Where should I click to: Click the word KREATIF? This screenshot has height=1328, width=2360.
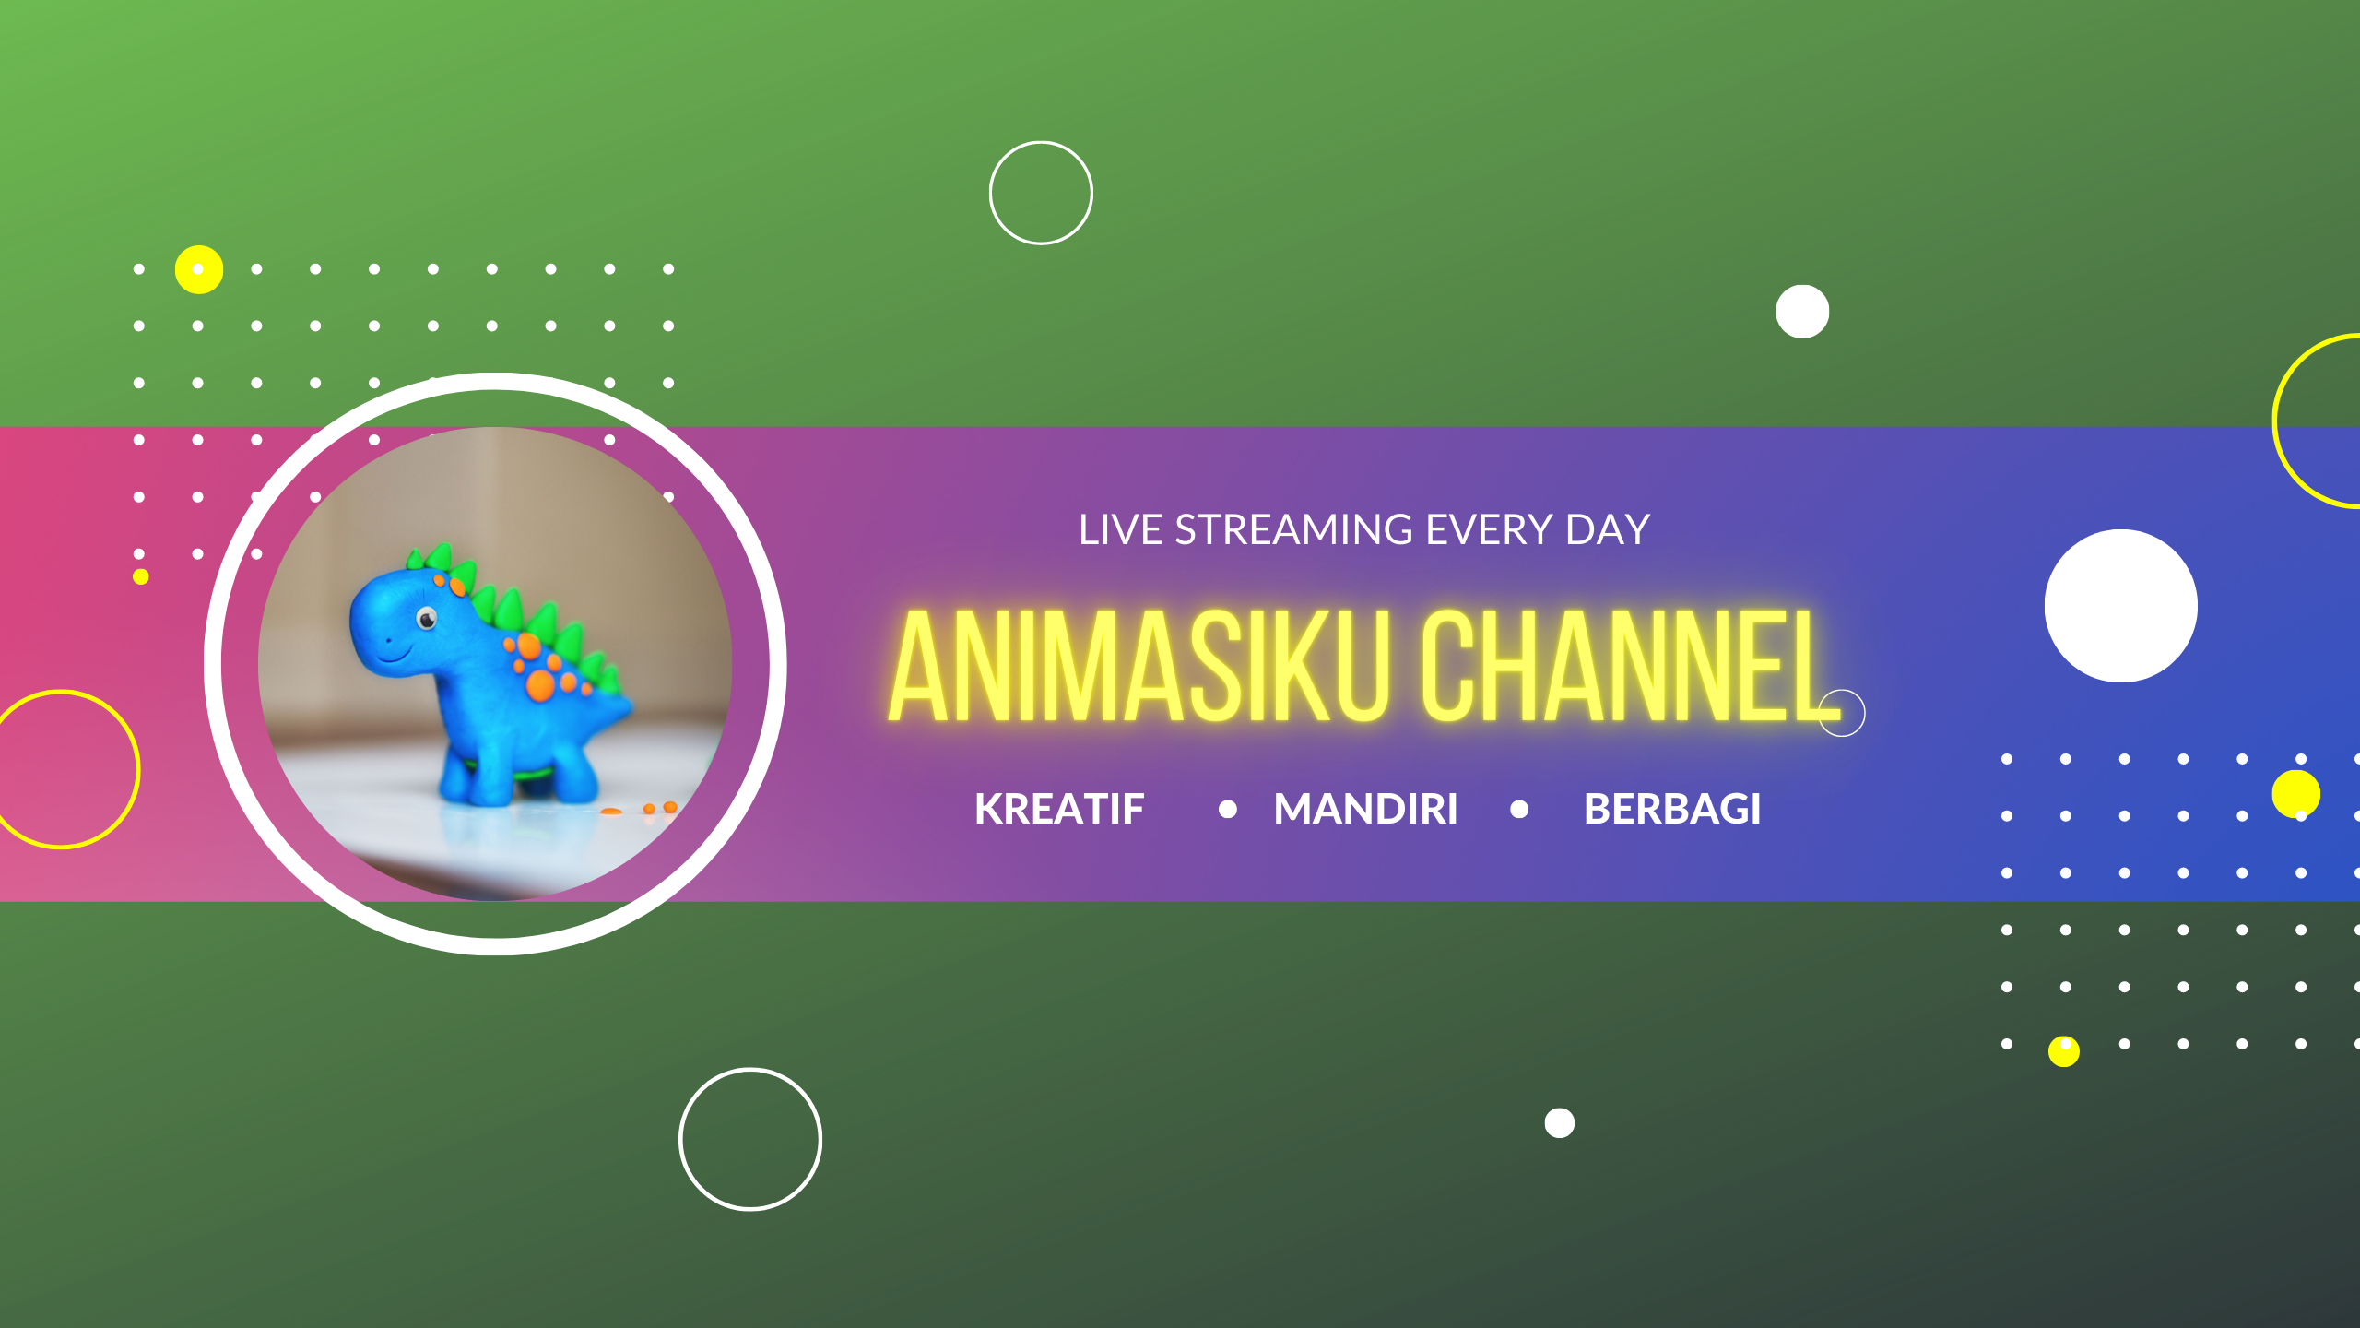[x=1059, y=810]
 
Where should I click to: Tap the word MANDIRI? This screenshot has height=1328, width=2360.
[x=1365, y=810]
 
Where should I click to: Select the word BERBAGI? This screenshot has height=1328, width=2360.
[x=1671, y=810]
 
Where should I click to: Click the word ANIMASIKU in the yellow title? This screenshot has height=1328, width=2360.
[x=1138, y=666]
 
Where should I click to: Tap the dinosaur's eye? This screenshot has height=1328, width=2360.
[x=427, y=618]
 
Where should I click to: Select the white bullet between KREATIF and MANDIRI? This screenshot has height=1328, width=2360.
[x=1228, y=810]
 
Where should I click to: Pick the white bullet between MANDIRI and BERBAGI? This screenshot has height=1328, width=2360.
[x=1519, y=810]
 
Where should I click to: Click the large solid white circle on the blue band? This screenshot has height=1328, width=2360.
[x=2120, y=606]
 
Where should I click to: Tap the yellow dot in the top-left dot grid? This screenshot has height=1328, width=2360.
[x=199, y=269]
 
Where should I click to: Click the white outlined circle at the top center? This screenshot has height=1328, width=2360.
[x=1041, y=193]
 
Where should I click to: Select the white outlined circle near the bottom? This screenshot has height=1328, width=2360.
[x=750, y=1139]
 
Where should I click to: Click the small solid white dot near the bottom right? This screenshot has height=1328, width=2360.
[x=1560, y=1123]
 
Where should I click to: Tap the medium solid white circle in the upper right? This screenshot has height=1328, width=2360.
[x=1802, y=312]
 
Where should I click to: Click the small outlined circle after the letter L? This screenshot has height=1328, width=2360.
[x=1842, y=713]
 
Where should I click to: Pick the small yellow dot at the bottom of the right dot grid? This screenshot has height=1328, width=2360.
[x=2064, y=1051]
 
